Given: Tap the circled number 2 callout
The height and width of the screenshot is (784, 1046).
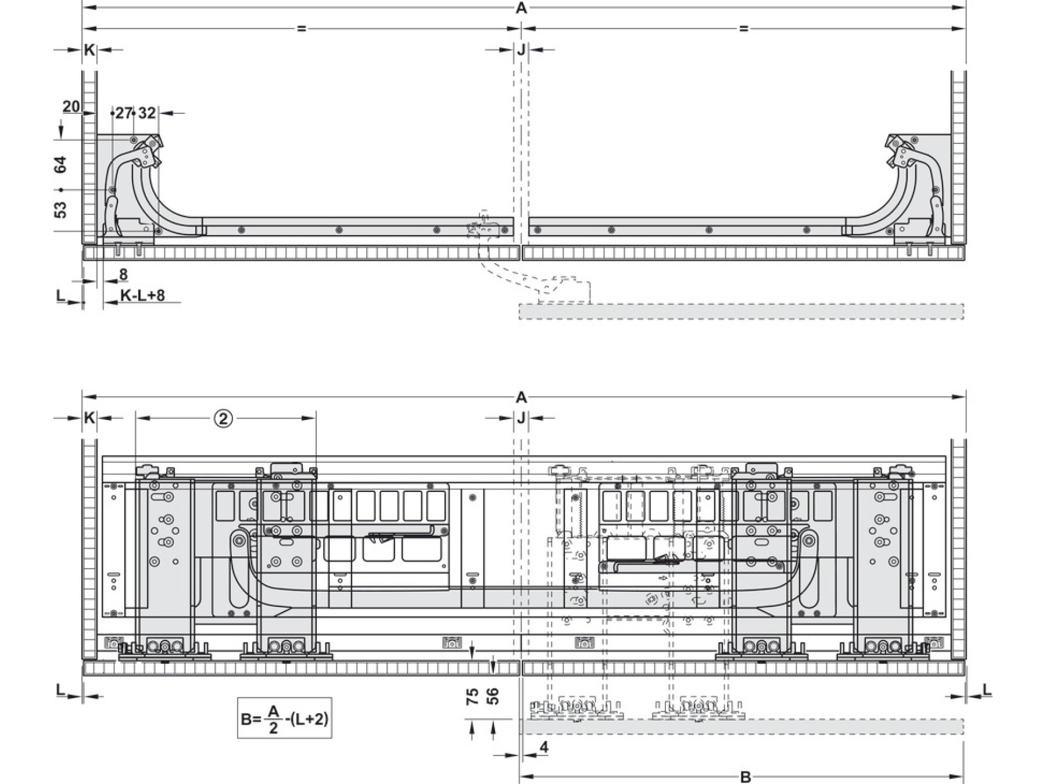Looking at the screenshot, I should click(x=224, y=418).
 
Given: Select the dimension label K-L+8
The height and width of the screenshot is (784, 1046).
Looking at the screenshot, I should click(x=142, y=296).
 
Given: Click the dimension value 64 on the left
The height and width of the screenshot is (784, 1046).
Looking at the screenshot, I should click(x=60, y=165).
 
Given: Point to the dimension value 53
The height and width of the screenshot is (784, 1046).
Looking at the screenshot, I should click(x=60, y=210).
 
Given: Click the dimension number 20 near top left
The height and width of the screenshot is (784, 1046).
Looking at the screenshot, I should click(x=71, y=107).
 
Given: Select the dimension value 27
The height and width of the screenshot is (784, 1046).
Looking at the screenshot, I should click(x=124, y=113).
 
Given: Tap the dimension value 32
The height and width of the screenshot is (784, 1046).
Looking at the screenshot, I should click(x=148, y=113).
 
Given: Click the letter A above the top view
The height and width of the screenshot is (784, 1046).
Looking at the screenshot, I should click(x=521, y=8).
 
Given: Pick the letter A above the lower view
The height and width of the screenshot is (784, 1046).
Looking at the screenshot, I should click(x=521, y=398).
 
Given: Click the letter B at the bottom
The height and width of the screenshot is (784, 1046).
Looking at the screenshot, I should click(x=746, y=777).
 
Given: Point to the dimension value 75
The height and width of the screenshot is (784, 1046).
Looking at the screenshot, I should click(x=472, y=696).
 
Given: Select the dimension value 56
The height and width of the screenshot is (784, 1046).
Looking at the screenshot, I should click(x=492, y=696).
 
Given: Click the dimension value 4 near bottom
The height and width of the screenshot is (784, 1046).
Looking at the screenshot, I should click(x=544, y=747).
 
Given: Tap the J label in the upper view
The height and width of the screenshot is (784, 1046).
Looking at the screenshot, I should click(x=521, y=50).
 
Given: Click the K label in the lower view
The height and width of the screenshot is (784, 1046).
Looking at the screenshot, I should click(x=89, y=418).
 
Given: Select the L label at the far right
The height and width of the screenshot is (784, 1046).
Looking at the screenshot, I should click(x=987, y=689).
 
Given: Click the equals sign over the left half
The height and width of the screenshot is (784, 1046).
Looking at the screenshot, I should click(x=301, y=28).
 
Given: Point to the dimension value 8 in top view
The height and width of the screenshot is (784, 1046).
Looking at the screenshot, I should click(x=123, y=274).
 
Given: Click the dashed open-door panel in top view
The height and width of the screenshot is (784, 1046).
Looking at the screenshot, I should click(x=741, y=311).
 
